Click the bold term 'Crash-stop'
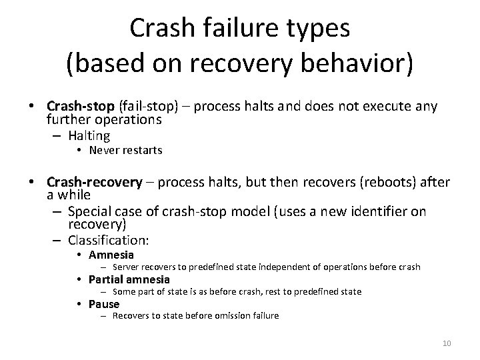(81, 106)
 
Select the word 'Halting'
(89, 135)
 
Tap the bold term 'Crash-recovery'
(95, 182)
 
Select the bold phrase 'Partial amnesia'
(129, 279)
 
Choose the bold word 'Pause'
(104, 304)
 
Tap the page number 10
(447, 343)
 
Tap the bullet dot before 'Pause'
(79, 304)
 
